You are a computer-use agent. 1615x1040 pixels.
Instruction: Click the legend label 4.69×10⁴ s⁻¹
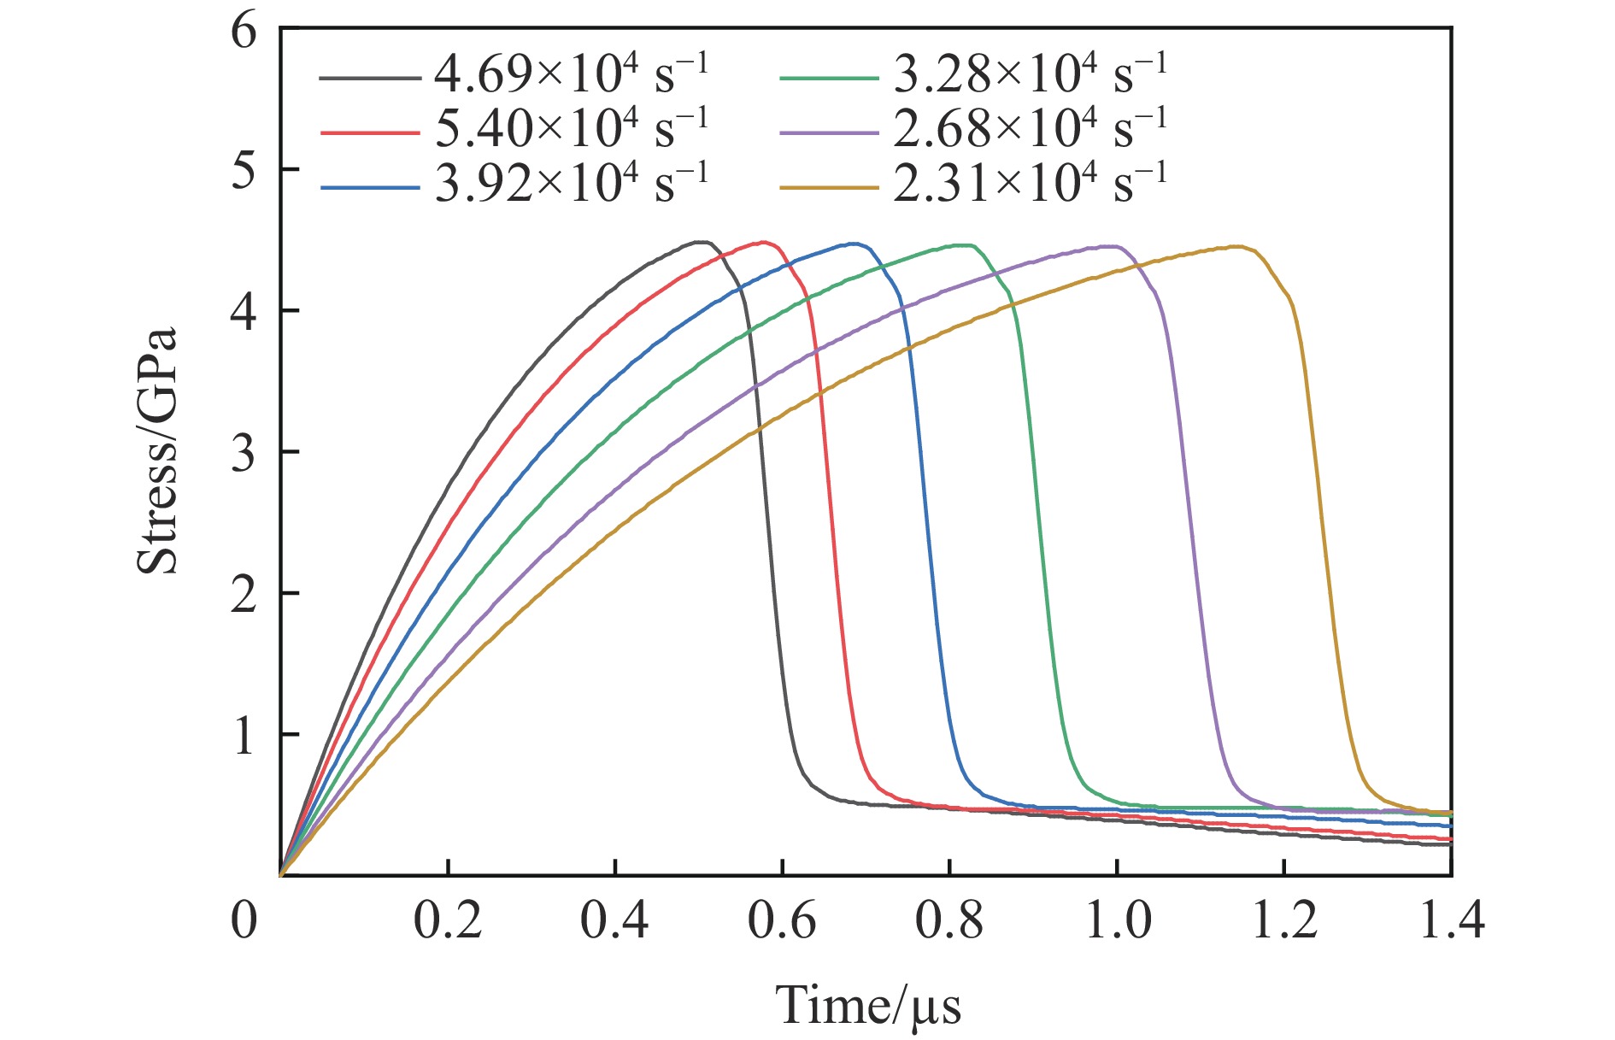[x=571, y=74]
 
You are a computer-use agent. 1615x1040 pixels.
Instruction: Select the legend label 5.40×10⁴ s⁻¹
[x=571, y=129]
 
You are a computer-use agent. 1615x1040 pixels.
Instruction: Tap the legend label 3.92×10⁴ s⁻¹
[x=571, y=184]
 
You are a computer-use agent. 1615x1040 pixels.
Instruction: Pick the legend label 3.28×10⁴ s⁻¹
[x=1030, y=74]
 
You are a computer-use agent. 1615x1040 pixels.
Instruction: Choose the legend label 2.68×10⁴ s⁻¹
[x=1030, y=129]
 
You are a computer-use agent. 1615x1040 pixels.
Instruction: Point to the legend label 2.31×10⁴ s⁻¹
[x=1030, y=184]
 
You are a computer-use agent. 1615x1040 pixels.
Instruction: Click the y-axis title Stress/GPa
[x=157, y=450]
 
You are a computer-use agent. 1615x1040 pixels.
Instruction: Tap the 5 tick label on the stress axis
[x=244, y=170]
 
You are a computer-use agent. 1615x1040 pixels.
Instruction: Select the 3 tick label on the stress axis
[x=244, y=453]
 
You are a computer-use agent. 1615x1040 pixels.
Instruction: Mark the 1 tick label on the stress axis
[x=244, y=735]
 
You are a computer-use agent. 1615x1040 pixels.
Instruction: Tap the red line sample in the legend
[x=369, y=133]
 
